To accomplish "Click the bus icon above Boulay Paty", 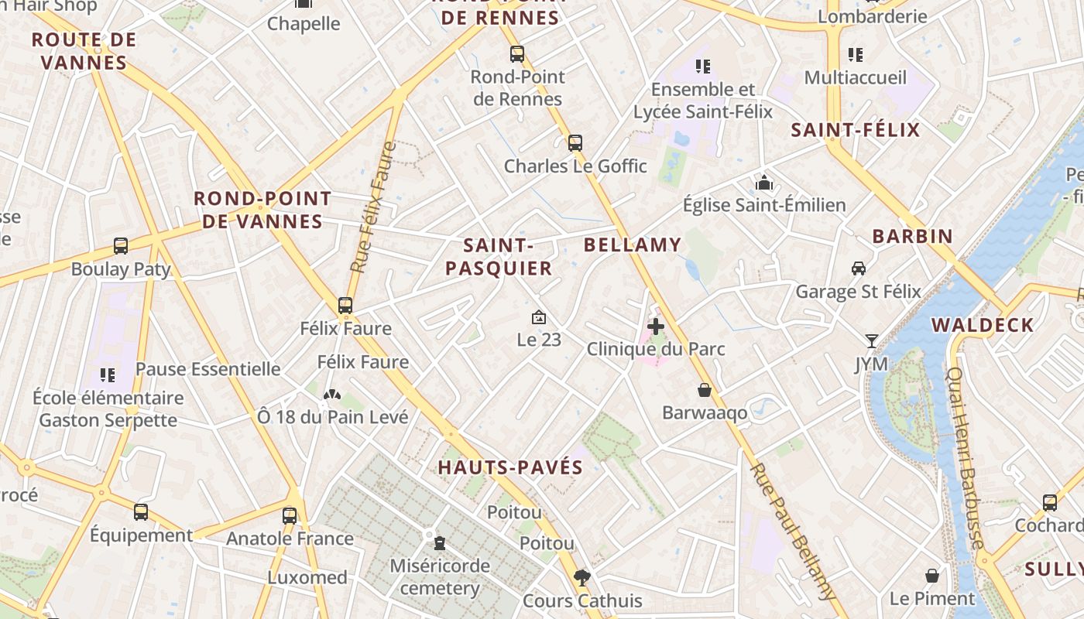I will [121, 246].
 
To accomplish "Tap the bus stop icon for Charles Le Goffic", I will [575, 143].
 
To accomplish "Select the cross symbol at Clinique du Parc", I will [656, 327].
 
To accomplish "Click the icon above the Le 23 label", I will [539, 317].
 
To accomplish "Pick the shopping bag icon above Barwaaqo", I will [705, 390].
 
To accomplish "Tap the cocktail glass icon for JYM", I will [872, 341].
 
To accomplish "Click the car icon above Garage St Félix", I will [859, 268].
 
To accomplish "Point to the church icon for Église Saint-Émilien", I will [764, 183].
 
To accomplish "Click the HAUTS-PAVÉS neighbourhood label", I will [510, 467].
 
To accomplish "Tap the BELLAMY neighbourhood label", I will [633, 245].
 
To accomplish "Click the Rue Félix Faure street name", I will [373, 207].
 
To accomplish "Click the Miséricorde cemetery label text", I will [440, 576].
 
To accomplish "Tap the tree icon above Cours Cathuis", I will [582, 577].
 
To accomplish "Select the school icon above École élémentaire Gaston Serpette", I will [108, 375].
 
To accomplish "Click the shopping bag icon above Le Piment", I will [932, 576].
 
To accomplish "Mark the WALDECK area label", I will [983, 325].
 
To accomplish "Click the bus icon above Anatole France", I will [290, 515].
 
